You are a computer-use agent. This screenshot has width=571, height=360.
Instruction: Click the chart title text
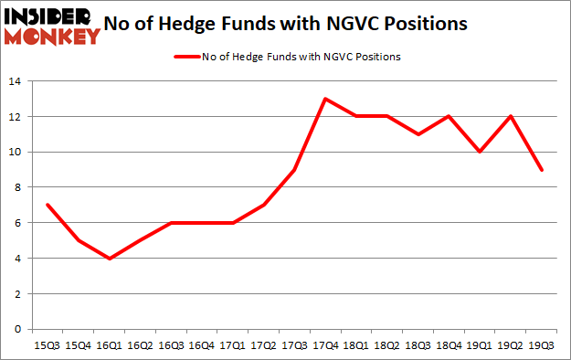(291, 23)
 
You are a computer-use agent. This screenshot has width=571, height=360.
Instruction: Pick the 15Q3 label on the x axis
(47, 346)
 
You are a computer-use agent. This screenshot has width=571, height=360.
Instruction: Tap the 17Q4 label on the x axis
(325, 346)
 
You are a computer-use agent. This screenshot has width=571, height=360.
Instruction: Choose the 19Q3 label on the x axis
(543, 346)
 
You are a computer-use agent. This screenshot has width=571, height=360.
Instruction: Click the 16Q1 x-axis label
(109, 346)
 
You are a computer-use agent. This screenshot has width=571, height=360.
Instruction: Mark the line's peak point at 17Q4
(325, 99)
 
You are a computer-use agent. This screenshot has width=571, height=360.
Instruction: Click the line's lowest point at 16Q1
(109, 259)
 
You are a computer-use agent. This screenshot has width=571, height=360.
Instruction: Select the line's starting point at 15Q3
(47, 205)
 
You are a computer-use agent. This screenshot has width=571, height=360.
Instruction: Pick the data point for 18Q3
(418, 134)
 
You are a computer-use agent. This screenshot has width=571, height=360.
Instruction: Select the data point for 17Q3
(294, 170)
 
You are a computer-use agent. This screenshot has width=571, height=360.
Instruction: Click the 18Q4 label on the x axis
(449, 346)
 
